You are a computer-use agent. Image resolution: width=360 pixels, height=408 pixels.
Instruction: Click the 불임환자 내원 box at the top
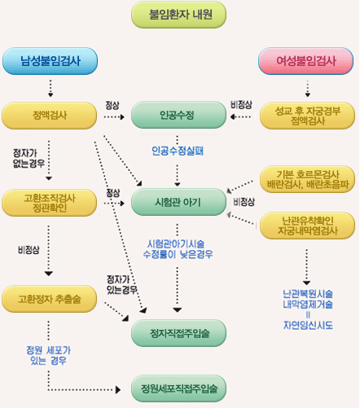tap(178, 15)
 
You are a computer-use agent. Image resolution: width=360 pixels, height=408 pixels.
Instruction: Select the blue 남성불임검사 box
tap(50, 60)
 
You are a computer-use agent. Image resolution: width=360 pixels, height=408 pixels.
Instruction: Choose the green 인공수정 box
tap(178, 116)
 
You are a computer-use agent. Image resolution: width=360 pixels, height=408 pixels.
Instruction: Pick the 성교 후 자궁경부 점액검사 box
tap(307, 116)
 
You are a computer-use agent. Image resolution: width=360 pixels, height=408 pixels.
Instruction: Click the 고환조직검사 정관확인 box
tap(50, 201)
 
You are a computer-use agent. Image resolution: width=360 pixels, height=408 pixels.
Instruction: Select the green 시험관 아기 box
tap(178, 201)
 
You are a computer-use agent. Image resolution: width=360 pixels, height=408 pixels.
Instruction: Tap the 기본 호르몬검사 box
tap(307, 178)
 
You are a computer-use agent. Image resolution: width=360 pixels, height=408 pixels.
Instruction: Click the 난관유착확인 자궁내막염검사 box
tap(307, 224)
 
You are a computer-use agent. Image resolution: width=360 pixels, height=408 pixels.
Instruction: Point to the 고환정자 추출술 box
tap(50, 299)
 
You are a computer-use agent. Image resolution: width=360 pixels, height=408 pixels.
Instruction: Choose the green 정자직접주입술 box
tap(178, 332)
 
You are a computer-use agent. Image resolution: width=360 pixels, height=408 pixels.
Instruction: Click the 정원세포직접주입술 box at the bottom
tap(178, 388)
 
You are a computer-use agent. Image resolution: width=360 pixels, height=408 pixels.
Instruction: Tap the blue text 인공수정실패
tap(178, 151)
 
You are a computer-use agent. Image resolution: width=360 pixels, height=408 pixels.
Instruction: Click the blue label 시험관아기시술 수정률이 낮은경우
tap(179, 248)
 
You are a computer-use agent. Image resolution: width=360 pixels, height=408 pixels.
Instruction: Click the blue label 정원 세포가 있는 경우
tap(46, 355)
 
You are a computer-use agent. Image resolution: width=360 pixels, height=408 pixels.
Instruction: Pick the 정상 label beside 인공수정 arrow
tap(112, 105)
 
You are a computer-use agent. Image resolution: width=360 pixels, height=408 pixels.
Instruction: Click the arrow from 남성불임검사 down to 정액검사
tap(50, 87)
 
